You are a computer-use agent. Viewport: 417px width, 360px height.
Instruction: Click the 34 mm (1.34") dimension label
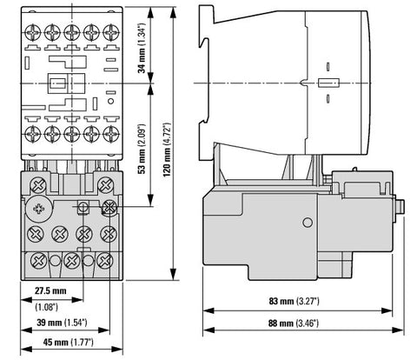(142, 48)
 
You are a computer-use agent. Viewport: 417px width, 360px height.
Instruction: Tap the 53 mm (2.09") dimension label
(142, 149)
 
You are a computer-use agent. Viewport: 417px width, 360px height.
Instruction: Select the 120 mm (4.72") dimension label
(167, 150)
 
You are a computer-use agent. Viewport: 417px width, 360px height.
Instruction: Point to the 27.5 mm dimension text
(50, 290)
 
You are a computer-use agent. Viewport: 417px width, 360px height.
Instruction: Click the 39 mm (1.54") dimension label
(62, 323)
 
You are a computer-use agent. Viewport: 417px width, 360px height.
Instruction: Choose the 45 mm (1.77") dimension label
(69, 343)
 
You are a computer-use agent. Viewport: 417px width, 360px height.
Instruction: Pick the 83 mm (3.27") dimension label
(294, 301)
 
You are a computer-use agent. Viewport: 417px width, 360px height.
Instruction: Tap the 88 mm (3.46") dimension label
(294, 323)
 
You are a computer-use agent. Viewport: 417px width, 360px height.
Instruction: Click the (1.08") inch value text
(46, 307)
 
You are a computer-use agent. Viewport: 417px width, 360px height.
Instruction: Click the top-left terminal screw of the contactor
(33, 32)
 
